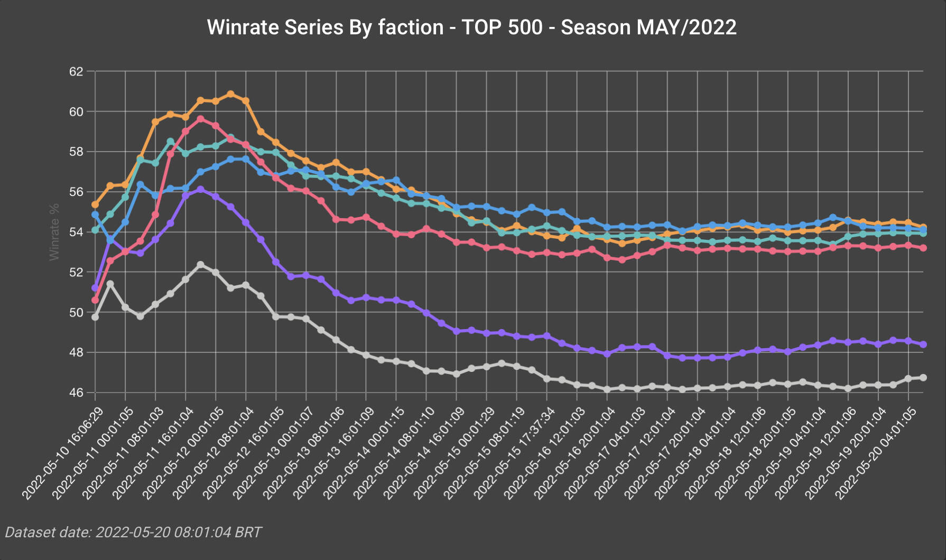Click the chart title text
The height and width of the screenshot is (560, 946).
[472, 27]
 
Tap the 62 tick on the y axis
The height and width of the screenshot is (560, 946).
[76, 71]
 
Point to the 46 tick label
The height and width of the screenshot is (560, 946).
[76, 393]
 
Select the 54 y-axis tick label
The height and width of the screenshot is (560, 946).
[76, 232]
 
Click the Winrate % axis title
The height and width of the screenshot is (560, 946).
[54, 232]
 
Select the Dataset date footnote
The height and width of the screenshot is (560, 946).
[133, 532]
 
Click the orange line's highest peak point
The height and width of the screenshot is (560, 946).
[230, 94]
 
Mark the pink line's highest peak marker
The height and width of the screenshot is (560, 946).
[200, 119]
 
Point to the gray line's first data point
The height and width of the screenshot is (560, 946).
[95, 317]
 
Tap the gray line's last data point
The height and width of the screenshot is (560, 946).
[923, 377]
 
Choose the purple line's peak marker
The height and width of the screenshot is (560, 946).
[200, 189]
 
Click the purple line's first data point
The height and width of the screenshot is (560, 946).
[95, 288]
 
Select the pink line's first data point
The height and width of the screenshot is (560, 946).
[95, 300]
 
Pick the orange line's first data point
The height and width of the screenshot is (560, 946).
[95, 204]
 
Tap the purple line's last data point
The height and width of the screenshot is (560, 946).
[923, 344]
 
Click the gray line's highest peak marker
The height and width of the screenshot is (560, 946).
[200, 264]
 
